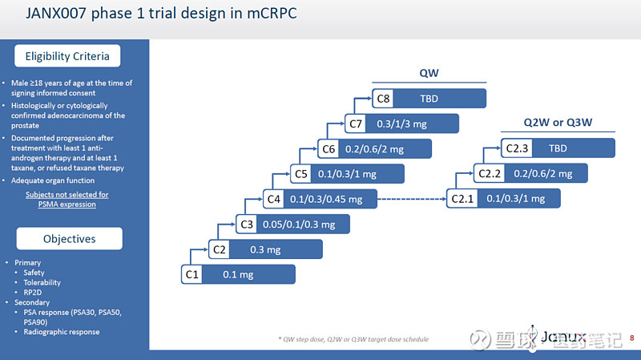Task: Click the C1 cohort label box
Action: click(191, 274)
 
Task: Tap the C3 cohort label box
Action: click(247, 224)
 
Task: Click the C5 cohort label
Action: click(301, 174)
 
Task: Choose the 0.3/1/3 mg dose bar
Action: click(413, 123)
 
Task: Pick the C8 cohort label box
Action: click(383, 99)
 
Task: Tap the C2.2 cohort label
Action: click(490, 174)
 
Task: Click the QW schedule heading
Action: click(429, 73)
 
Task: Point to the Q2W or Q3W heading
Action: click(558, 122)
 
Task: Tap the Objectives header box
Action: click(69, 239)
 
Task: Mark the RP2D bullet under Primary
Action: click(34, 293)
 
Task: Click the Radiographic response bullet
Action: click(61, 332)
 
